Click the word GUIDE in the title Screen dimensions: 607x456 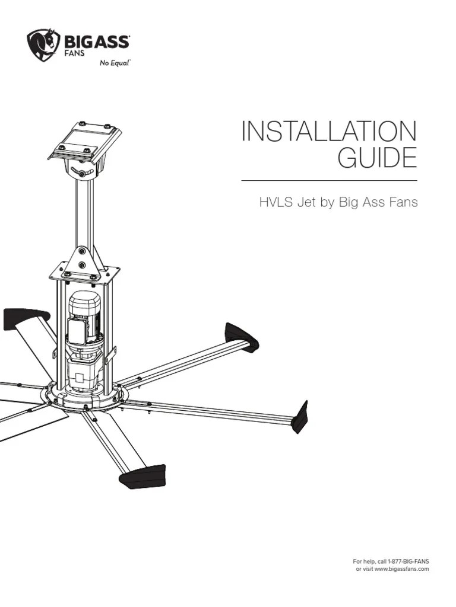tap(377, 159)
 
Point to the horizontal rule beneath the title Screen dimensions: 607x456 tap(329, 180)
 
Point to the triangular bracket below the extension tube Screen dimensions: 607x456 tap(82, 261)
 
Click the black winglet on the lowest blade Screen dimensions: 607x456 tap(142, 476)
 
